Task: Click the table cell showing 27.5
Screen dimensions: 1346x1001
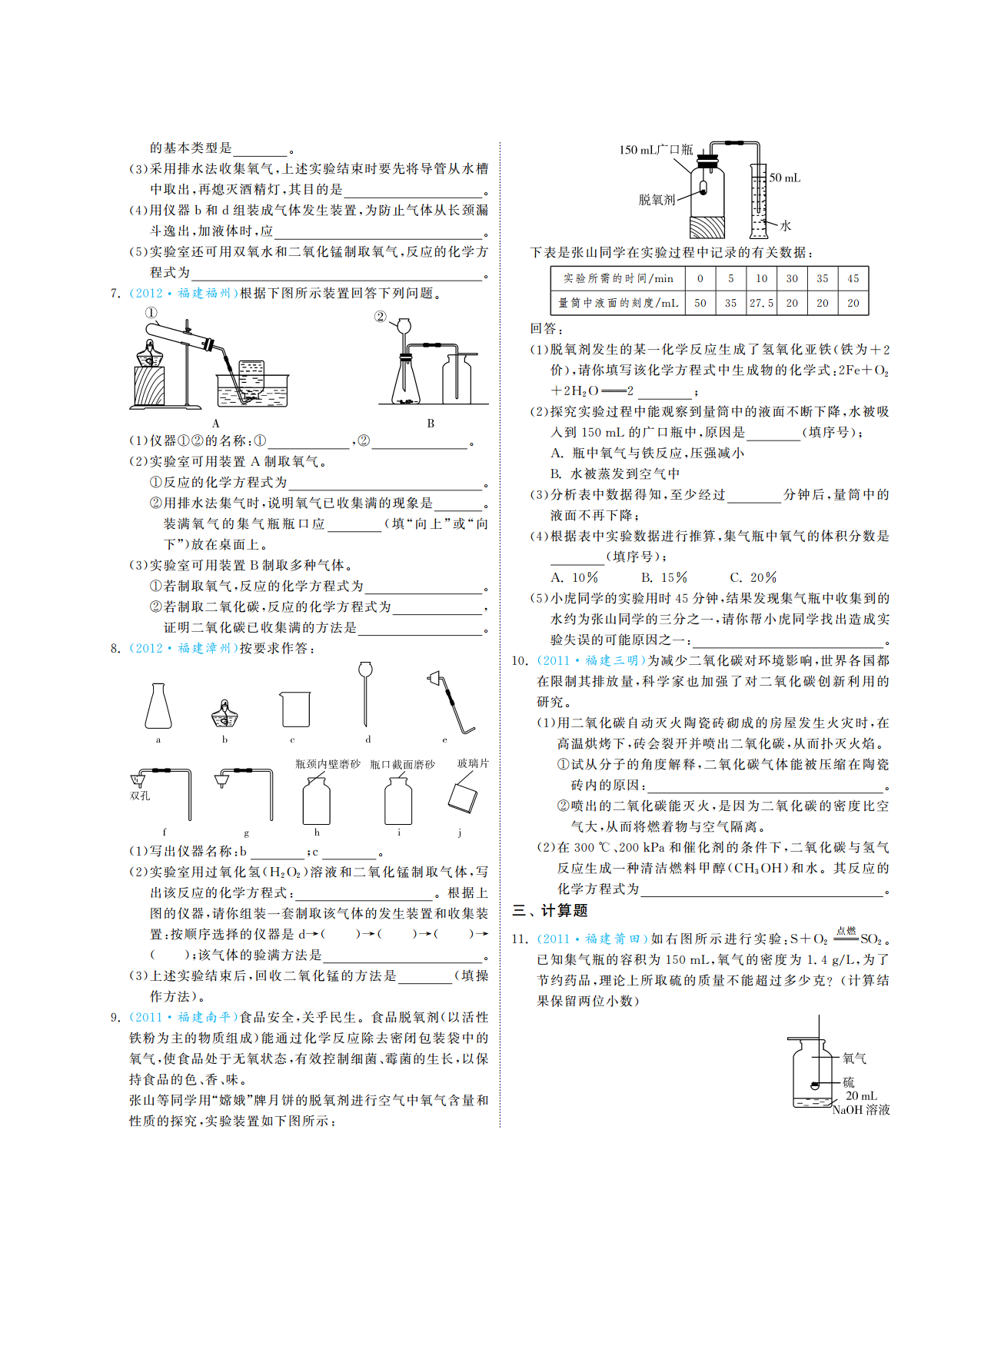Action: (761, 303)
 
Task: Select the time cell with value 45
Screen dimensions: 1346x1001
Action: (853, 278)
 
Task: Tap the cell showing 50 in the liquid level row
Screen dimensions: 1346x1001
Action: (700, 303)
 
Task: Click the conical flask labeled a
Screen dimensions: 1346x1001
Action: (158, 706)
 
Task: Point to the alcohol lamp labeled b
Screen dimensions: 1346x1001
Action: (224, 714)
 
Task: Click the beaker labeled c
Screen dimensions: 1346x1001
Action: (294, 709)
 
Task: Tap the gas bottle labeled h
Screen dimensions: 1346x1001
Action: (316, 799)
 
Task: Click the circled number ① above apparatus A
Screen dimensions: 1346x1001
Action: (151, 313)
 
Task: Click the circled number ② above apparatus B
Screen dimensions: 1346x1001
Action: (380, 317)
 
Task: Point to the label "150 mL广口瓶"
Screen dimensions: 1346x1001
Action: (656, 150)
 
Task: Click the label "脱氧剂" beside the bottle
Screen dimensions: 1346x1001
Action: (657, 200)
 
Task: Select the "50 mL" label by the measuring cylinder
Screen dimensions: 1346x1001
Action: (785, 178)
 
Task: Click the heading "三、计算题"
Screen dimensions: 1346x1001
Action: (550, 911)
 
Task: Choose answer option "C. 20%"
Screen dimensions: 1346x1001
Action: (753, 577)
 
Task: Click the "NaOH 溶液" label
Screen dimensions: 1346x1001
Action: (861, 1110)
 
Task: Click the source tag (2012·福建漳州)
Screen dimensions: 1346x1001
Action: (182, 648)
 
